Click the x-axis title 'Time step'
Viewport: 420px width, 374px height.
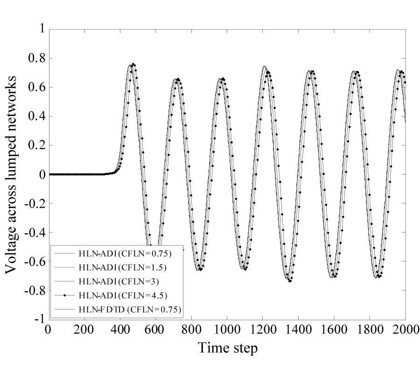coord(227,348)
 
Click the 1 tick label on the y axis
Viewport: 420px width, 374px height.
coord(41,29)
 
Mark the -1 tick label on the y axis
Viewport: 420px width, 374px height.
coord(39,319)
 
